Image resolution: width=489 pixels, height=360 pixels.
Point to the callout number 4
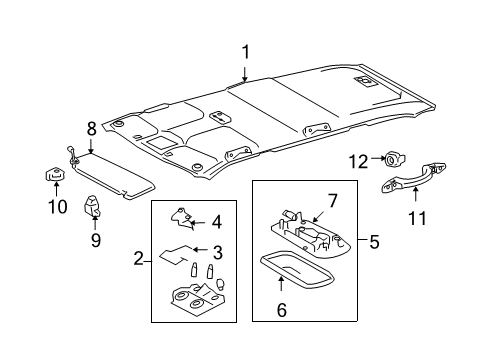click(216, 223)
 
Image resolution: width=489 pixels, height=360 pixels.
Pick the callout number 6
click(281, 311)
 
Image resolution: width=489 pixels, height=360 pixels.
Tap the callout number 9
click(95, 240)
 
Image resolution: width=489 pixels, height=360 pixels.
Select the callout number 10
click(57, 207)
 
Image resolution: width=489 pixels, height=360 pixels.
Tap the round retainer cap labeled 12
click(390, 158)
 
